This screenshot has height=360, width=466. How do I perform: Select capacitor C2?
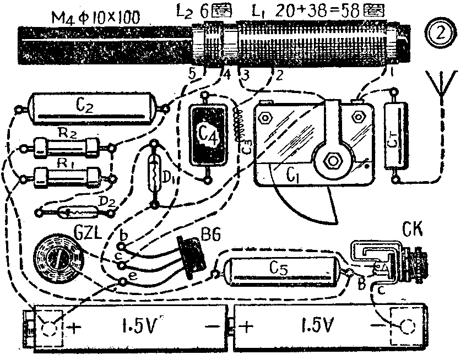click(x=91, y=107)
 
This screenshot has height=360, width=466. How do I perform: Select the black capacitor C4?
click(x=207, y=134)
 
